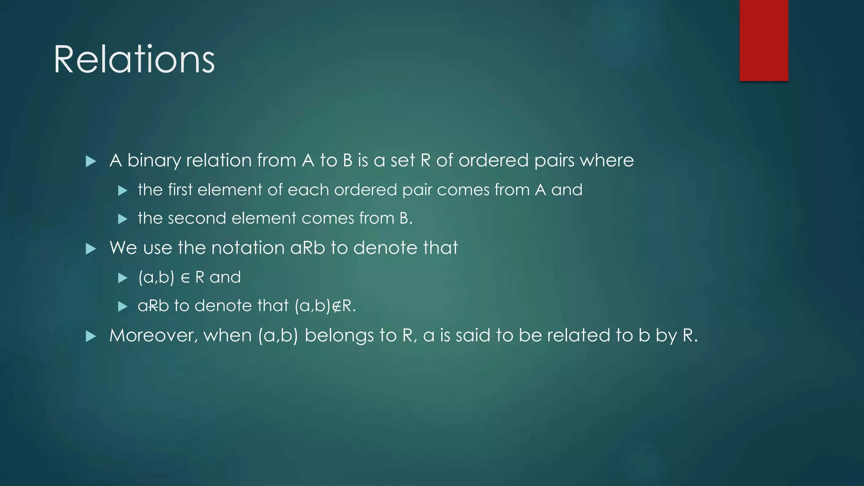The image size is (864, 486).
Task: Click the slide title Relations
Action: coord(134,60)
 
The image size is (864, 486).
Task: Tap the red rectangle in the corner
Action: coord(764,40)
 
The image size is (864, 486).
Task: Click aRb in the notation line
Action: coord(308,248)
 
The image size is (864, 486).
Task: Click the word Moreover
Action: coord(154,335)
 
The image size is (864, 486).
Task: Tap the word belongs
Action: coord(339,335)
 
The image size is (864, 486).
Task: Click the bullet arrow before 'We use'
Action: coord(91,248)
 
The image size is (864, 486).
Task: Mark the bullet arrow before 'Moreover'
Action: coord(91,336)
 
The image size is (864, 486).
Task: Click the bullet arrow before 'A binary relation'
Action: coord(91,161)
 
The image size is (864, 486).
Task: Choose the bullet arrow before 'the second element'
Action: coord(122,219)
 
